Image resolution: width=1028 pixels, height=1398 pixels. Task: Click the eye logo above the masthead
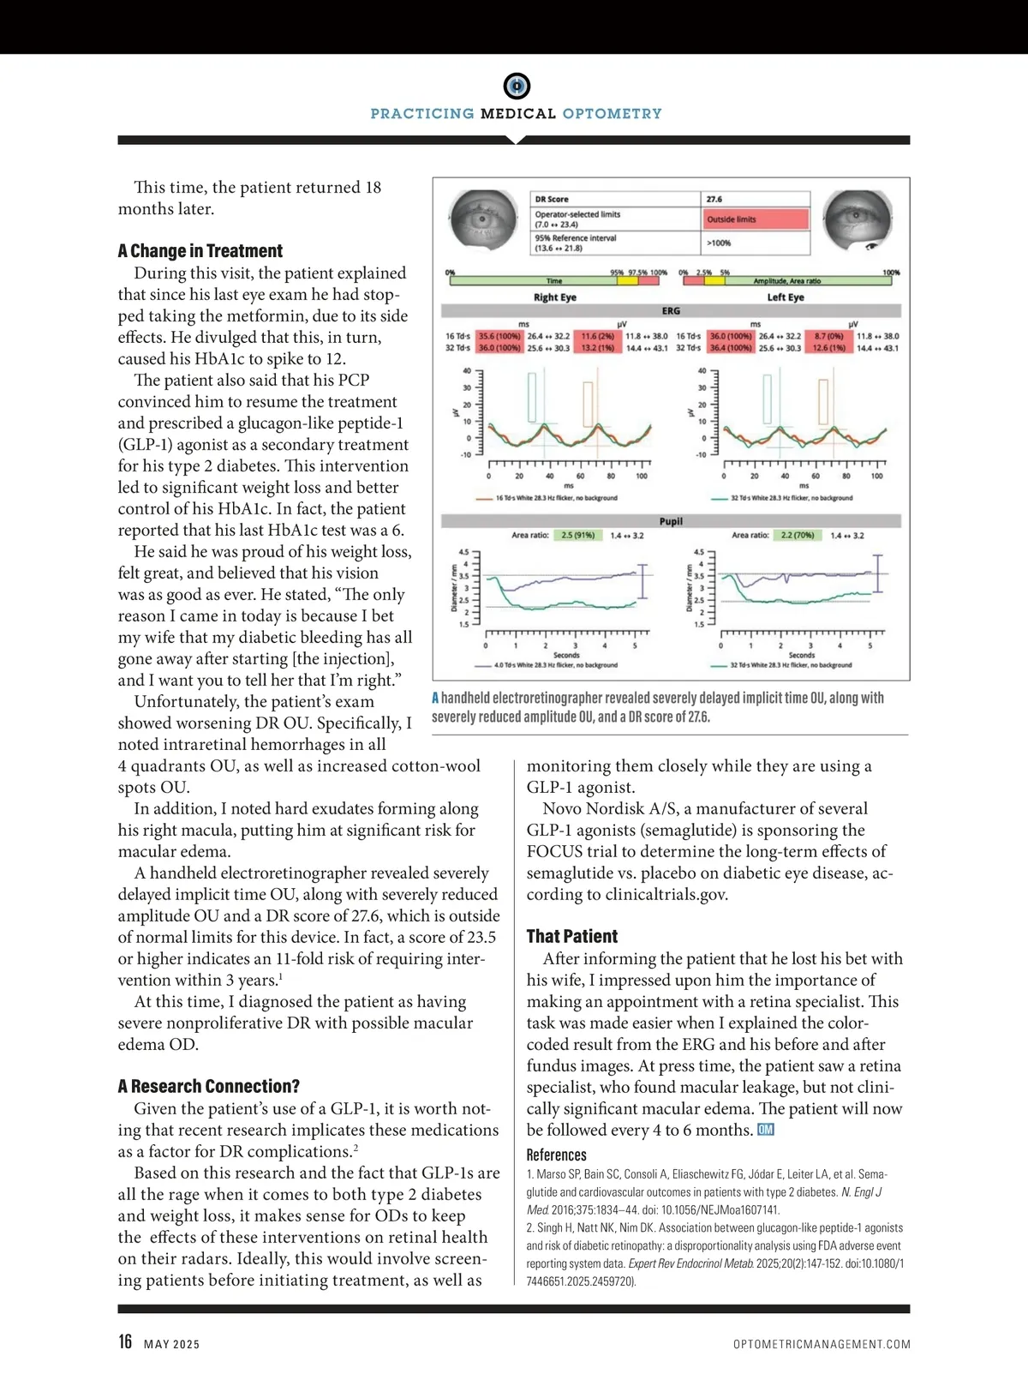pos(516,86)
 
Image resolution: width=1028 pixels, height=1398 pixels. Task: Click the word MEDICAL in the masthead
pos(518,114)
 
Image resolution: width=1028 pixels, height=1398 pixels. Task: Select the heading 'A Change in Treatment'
pos(200,251)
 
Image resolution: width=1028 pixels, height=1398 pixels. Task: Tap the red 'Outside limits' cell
pos(756,219)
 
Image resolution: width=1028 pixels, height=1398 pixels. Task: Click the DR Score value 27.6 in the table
pos(714,199)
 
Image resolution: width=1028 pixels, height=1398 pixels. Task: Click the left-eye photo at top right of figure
pos(858,221)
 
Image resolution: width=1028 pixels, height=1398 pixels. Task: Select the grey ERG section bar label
pos(671,311)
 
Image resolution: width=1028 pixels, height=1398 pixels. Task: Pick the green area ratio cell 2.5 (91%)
pos(577,535)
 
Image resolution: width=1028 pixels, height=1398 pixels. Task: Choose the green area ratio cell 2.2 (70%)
pos(798,535)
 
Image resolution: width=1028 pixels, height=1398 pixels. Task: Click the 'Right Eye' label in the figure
pos(555,297)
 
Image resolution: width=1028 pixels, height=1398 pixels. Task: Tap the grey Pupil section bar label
pos(671,521)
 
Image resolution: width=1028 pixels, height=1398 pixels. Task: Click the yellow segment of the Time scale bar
pos(628,280)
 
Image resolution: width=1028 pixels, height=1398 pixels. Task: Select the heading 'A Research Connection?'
pos(209,1087)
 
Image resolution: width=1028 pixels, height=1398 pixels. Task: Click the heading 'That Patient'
pos(571,937)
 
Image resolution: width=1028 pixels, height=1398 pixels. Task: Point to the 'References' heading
pos(556,1155)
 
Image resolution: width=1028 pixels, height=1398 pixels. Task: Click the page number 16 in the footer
pos(125,1341)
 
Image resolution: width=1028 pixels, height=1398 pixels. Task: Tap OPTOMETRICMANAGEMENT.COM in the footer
pos(822,1344)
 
